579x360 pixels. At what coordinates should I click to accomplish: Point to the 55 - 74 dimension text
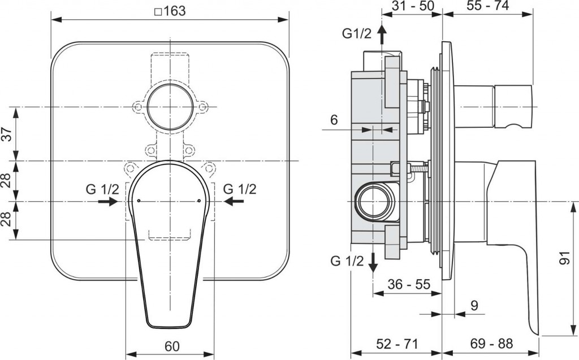point(488,6)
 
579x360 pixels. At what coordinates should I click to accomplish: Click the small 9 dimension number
point(474,306)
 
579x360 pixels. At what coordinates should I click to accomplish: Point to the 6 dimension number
point(334,119)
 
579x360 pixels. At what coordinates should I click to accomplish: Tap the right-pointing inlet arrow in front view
point(107,202)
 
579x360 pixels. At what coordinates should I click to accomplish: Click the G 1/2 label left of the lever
point(102,189)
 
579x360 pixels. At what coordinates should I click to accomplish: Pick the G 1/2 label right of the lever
point(240,189)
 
